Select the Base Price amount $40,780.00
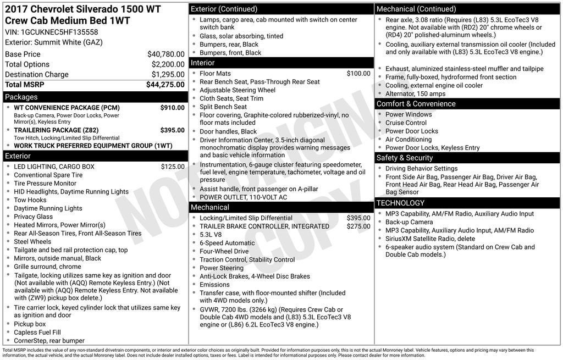click(x=165, y=54)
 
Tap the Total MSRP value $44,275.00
click(x=165, y=85)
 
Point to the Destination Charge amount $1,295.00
click(x=168, y=75)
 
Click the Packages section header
click(x=21, y=97)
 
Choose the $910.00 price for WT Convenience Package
click(x=172, y=108)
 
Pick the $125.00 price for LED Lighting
click(x=173, y=167)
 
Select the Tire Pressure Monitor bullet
click(x=45, y=184)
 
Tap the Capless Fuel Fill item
click(x=37, y=333)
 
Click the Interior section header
click(x=202, y=63)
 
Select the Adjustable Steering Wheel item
click(x=238, y=90)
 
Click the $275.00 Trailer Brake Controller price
click(x=358, y=226)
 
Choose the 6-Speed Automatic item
click(x=227, y=243)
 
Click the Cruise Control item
click(x=406, y=123)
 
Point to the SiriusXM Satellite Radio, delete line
click(x=430, y=239)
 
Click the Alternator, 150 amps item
click(x=415, y=94)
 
